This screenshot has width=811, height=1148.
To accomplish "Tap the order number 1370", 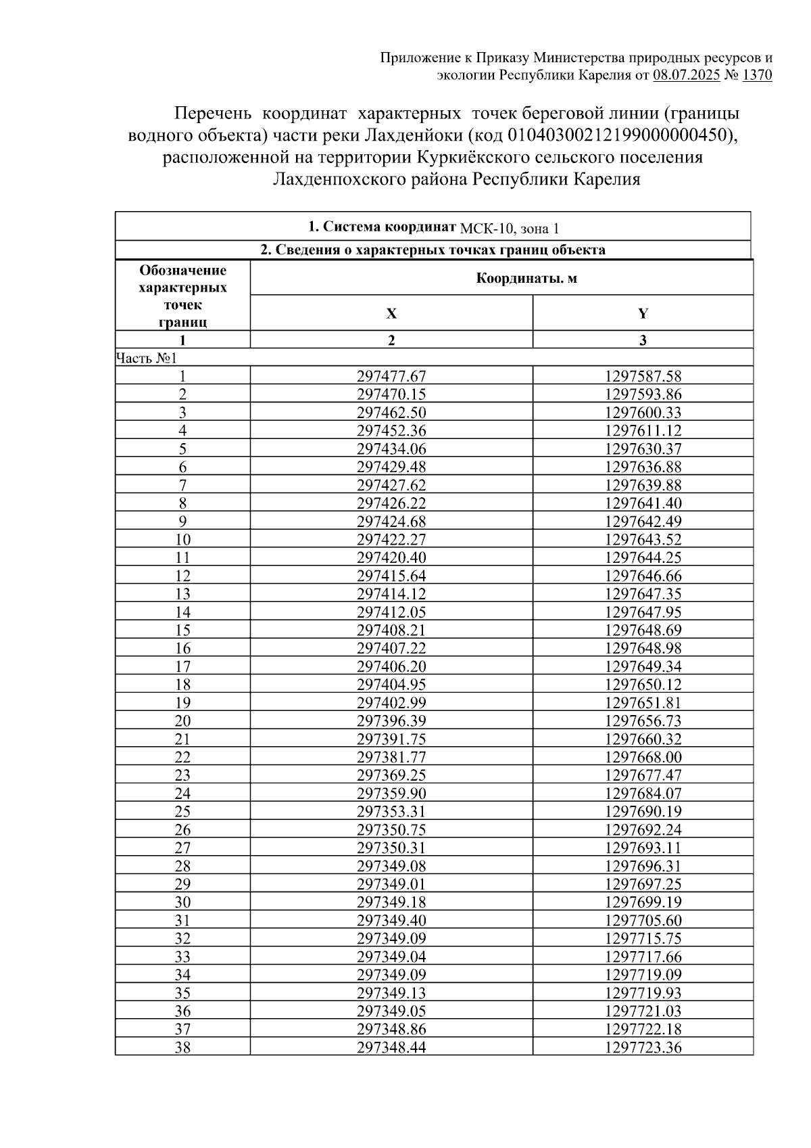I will (757, 75).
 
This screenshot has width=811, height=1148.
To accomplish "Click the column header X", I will (391, 313).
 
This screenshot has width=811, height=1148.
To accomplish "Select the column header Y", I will (643, 313).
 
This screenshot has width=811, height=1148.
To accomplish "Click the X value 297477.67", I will (391, 376).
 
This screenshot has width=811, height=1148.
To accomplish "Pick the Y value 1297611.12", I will (643, 431).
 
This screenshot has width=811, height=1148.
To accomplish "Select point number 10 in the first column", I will (182, 540).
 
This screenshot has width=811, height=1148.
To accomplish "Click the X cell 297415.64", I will (391, 576).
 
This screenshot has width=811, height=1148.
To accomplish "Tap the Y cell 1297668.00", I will (643, 758).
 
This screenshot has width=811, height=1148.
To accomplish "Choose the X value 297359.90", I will (391, 794).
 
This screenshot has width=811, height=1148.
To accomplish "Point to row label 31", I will (182, 921).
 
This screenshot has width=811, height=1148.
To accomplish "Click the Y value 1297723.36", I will (643, 1048).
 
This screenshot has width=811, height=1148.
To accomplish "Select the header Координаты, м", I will (526, 278).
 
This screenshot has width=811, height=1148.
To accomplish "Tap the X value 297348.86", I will (391, 1030).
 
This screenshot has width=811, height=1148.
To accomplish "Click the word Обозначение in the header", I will (182, 271).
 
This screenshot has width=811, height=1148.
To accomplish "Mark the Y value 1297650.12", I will (643, 685).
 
